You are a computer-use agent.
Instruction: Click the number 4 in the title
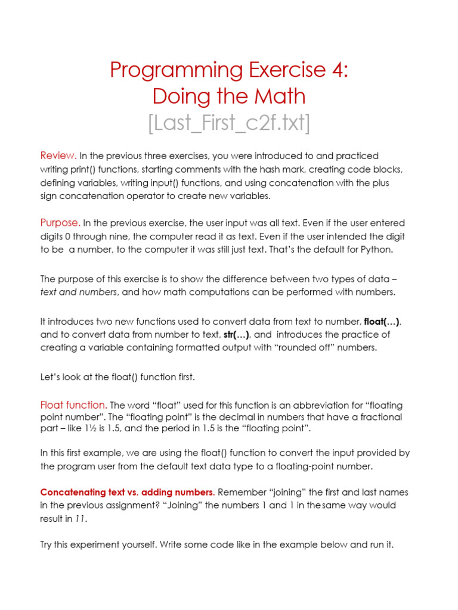(x=338, y=70)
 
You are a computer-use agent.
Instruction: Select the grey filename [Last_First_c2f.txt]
(x=228, y=123)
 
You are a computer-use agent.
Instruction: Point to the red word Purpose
(x=60, y=223)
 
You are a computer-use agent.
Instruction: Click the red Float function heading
(x=73, y=405)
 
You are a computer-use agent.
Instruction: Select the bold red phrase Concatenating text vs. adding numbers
(x=128, y=493)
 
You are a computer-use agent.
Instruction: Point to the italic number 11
(x=81, y=519)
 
